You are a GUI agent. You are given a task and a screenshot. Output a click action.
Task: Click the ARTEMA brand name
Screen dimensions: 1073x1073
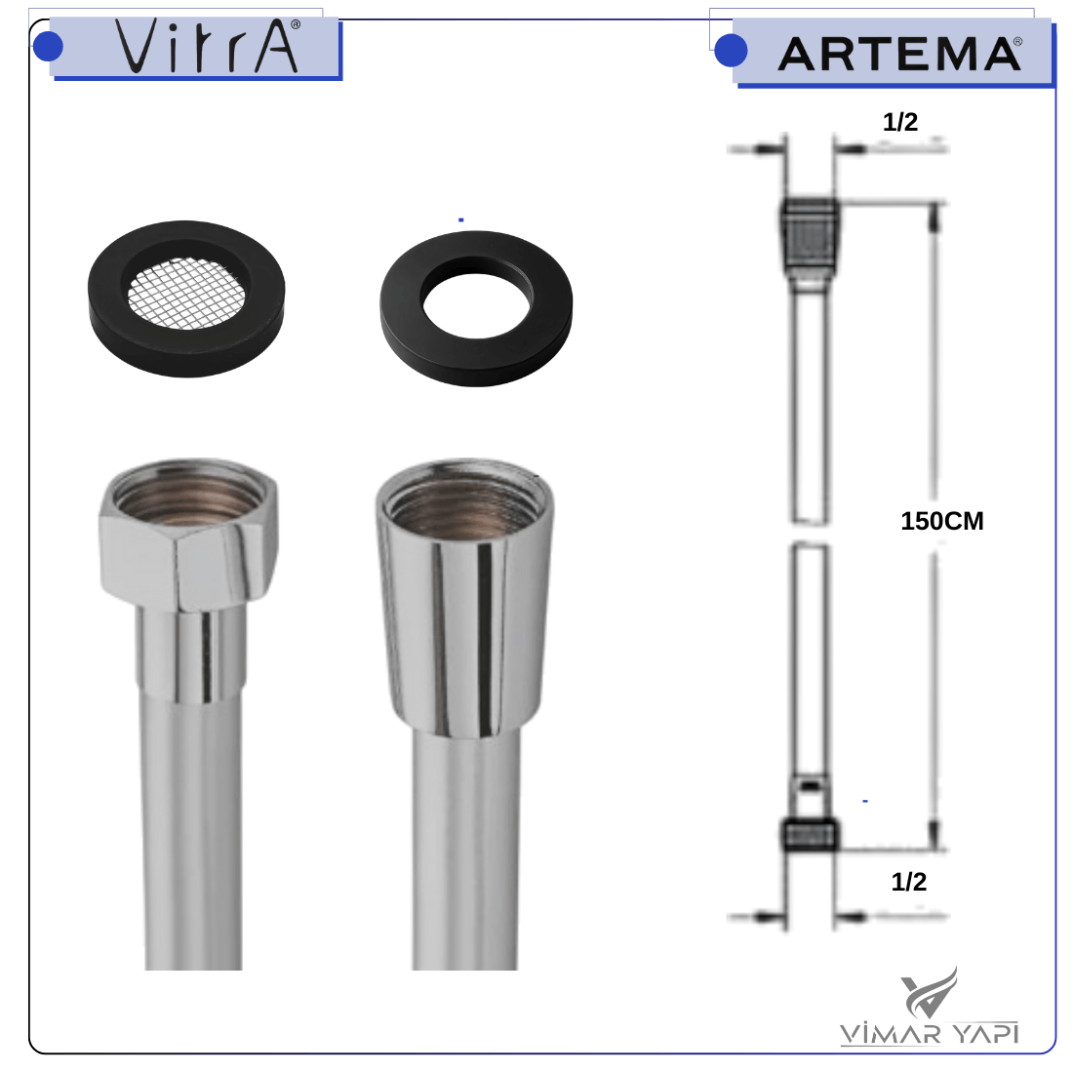pos(899,54)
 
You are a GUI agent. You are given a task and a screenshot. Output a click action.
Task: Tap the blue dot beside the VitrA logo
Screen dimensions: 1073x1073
pos(48,47)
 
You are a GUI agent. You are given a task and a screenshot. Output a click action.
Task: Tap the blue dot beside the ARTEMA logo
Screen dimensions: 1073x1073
pos(731,51)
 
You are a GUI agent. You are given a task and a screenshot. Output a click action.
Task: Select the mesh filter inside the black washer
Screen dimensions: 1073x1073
pos(187,293)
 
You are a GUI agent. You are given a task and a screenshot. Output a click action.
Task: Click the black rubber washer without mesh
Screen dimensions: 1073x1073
pos(476,308)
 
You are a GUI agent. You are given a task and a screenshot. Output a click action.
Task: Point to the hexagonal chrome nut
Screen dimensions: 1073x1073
pos(189,534)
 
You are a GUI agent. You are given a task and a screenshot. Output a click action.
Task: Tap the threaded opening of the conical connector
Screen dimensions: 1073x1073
pos(465,499)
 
